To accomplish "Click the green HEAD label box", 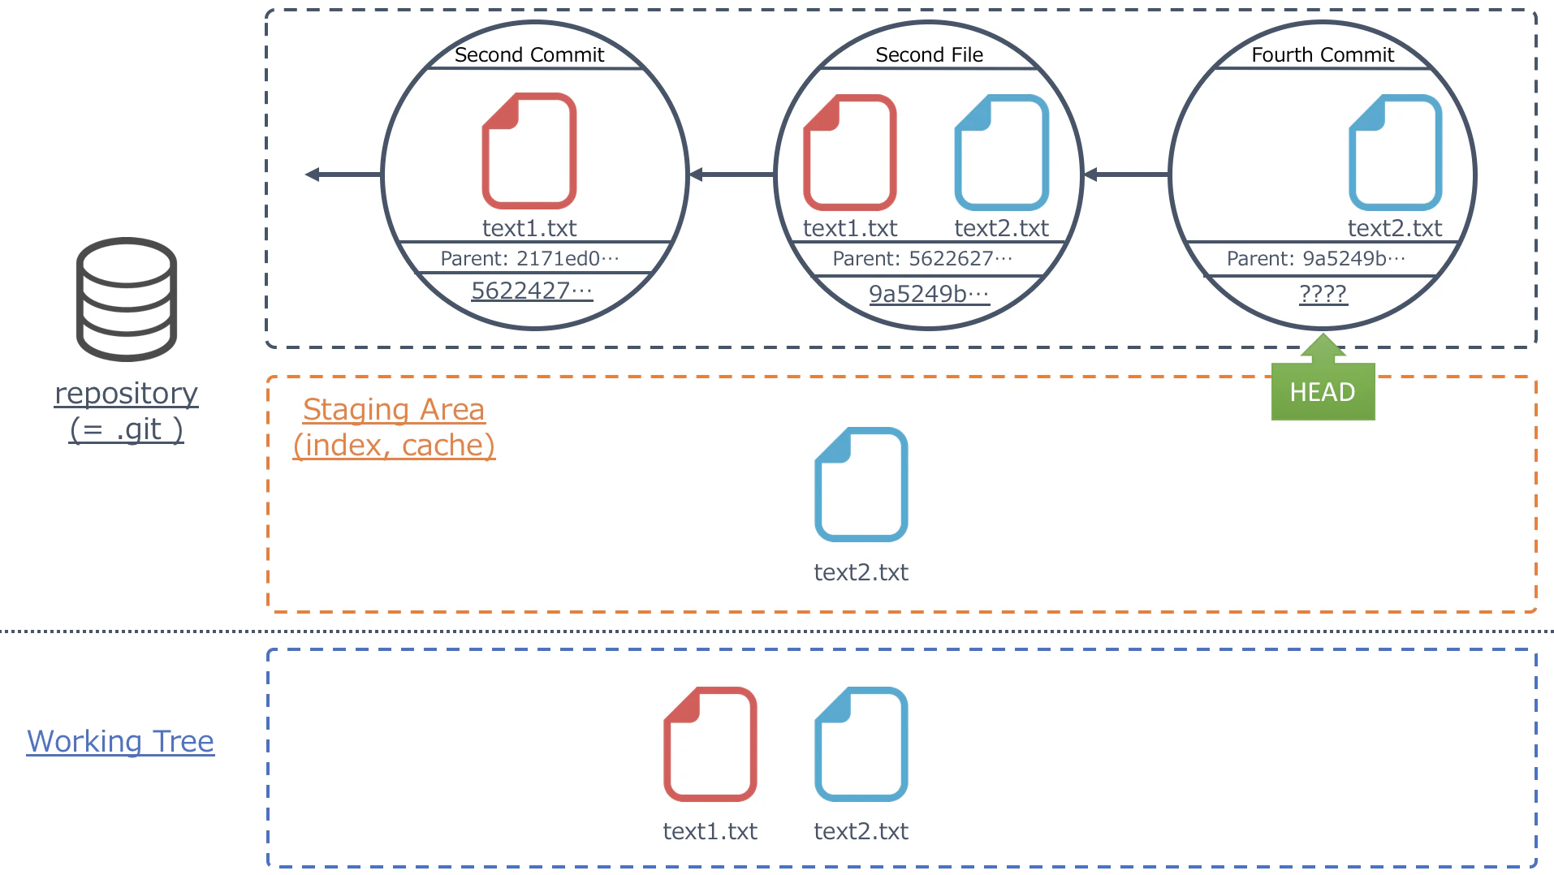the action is [x=1323, y=391].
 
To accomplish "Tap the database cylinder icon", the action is [x=127, y=299].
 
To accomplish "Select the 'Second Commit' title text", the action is [x=529, y=54].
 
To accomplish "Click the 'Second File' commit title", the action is [x=929, y=54].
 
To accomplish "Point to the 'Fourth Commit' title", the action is [x=1323, y=54].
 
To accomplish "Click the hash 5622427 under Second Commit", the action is [x=532, y=291].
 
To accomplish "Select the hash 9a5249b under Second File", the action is [x=929, y=294].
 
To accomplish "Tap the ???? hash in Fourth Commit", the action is [x=1323, y=294].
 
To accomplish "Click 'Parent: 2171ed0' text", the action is [x=529, y=258].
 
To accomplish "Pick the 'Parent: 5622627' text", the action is [x=922, y=258].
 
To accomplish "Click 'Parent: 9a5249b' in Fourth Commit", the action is [x=1315, y=258].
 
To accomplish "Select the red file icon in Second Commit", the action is [x=529, y=151].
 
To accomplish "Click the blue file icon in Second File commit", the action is [x=1002, y=153].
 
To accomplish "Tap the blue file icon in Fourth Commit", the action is [x=1395, y=153].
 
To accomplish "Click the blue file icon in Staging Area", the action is [x=861, y=485].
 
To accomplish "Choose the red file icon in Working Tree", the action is [x=710, y=744].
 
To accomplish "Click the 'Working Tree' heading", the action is [x=120, y=741].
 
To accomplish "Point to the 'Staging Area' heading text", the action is [x=394, y=409].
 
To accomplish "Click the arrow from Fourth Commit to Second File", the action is [x=1126, y=175].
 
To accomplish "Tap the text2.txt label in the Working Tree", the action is [x=861, y=831].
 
